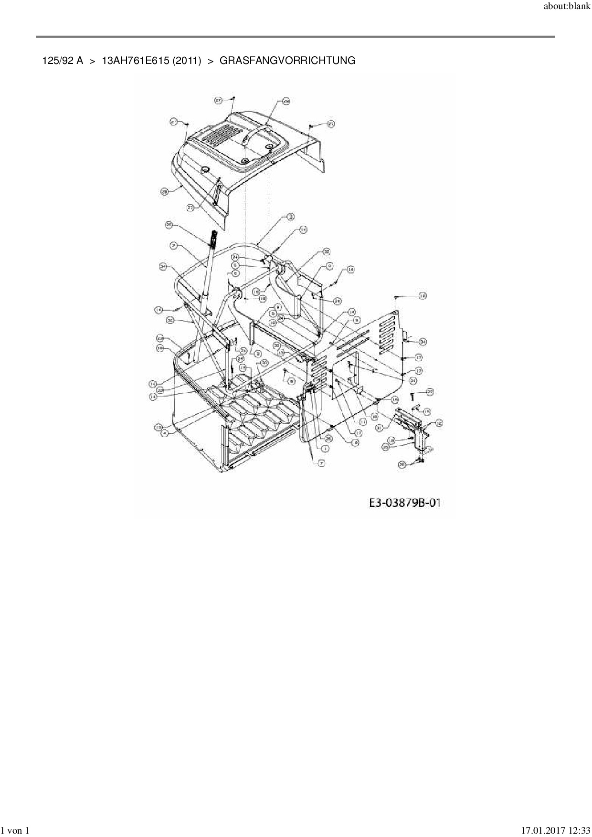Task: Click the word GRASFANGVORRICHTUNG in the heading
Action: click(x=287, y=61)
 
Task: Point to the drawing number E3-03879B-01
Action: click(x=404, y=502)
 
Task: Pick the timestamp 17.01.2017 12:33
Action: click(x=555, y=831)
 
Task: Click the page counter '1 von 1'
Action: click(x=16, y=831)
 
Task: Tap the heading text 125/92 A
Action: click(x=63, y=61)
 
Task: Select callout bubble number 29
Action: click(x=286, y=101)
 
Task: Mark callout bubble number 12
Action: click(x=438, y=422)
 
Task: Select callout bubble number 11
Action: click(x=362, y=422)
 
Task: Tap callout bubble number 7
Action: click(x=321, y=463)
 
